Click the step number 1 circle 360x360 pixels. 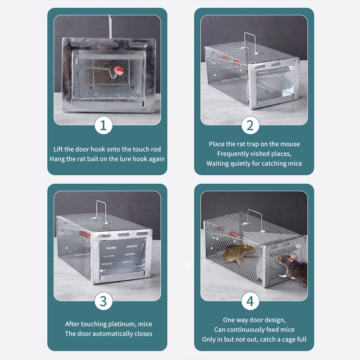coord(103,126)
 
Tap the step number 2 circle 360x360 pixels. coord(250,126)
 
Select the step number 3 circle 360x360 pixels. coord(103,301)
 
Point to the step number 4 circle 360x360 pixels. coord(250,301)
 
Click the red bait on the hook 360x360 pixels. coord(119,70)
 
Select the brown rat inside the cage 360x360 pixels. coord(240,254)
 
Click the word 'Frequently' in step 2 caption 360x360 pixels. coord(234,154)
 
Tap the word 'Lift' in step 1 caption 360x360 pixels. coord(59,149)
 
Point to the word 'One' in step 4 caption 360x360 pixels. coord(229,320)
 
